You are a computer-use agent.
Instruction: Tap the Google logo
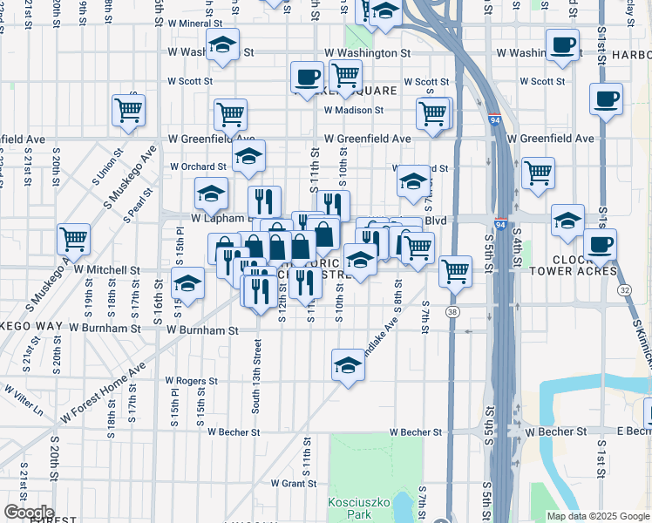[x=29, y=513]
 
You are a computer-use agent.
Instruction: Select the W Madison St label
[x=354, y=110]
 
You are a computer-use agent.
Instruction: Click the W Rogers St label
[x=191, y=381]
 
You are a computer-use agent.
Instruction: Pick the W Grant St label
[x=293, y=482]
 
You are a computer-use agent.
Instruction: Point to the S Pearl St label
[x=140, y=203]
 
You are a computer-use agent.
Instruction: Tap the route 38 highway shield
[x=452, y=311]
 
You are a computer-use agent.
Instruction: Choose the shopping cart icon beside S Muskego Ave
[x=74, y=237]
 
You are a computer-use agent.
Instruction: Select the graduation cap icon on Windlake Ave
[x=348, y=363]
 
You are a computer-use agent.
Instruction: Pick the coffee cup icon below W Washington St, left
[x=307, y=76]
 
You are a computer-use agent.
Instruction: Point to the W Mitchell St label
[x=107, y=270]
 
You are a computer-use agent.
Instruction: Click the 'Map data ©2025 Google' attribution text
[x=597, y=516]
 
